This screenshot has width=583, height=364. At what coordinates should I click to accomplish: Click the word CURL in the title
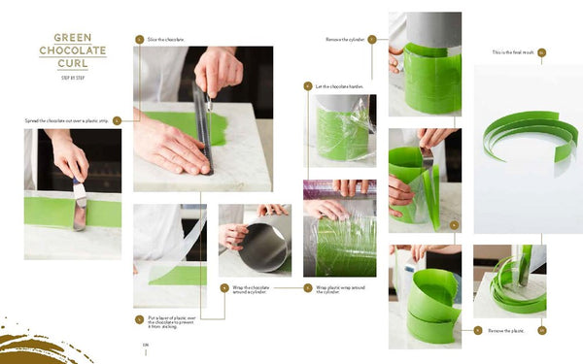73,63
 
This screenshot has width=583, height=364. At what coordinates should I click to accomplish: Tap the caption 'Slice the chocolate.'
166,39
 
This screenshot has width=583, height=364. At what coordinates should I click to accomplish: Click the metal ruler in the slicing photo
203,131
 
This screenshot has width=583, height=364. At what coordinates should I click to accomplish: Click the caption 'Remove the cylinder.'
344,39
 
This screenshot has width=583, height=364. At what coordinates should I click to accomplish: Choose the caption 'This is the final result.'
513,51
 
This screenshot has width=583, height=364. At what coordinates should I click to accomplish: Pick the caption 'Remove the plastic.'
504,330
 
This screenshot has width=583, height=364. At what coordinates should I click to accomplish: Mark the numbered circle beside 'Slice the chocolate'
140,39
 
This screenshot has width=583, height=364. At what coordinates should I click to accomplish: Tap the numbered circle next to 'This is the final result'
541,51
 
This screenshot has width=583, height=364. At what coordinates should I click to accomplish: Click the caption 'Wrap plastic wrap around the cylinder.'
331,288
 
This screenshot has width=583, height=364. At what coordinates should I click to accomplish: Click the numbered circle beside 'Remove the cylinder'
371,39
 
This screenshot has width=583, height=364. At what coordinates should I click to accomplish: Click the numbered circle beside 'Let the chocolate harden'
308,86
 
